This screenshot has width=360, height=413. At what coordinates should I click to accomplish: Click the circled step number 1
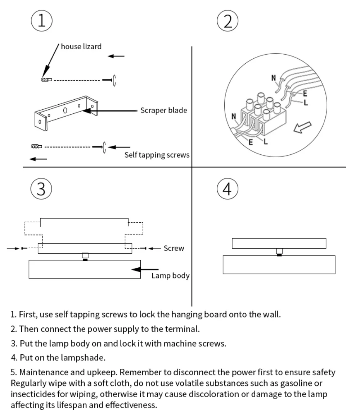[42, 21]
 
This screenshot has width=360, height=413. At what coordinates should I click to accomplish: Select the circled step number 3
[41, 189]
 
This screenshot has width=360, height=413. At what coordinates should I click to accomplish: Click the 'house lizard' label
[81, 46]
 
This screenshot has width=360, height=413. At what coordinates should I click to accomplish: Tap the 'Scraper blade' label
[163, 110]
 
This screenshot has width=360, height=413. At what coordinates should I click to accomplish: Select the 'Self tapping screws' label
[157, 155]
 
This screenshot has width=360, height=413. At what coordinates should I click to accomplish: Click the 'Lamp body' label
[170, 276]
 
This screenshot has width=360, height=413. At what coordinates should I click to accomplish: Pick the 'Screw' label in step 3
[174, 248]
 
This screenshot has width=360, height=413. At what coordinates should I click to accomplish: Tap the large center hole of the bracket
[65, 110]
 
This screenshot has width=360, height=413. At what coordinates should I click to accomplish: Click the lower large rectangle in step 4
[279, 265]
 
